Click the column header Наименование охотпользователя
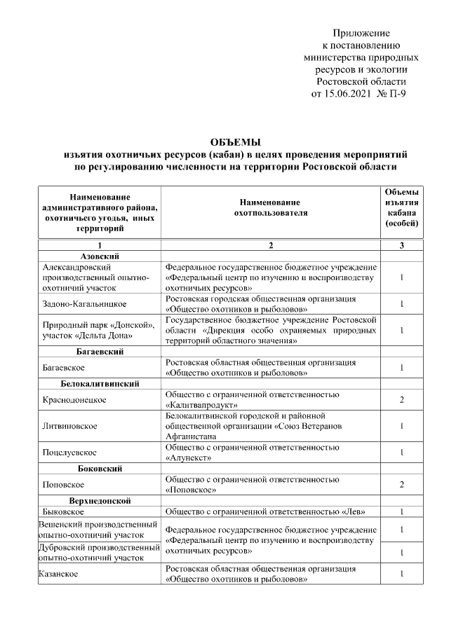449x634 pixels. point(271,207)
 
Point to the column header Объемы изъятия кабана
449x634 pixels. point(402,207)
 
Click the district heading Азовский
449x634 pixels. point(99,256)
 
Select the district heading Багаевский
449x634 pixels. point(99,352)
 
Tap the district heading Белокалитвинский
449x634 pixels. point(99,384)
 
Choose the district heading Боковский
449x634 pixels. point(99,467)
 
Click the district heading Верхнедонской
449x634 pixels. point(99,500)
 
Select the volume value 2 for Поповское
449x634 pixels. point(401,484)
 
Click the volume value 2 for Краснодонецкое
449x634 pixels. point(401,399)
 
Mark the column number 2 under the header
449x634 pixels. point(271,245)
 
